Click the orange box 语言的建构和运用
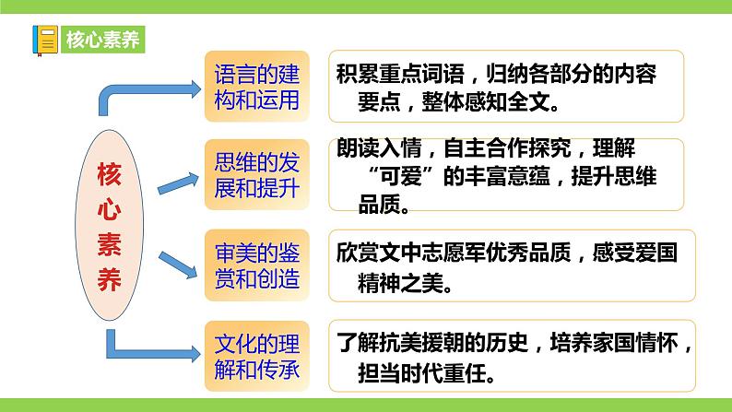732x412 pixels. pyautogui.click(x=256, y=86)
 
